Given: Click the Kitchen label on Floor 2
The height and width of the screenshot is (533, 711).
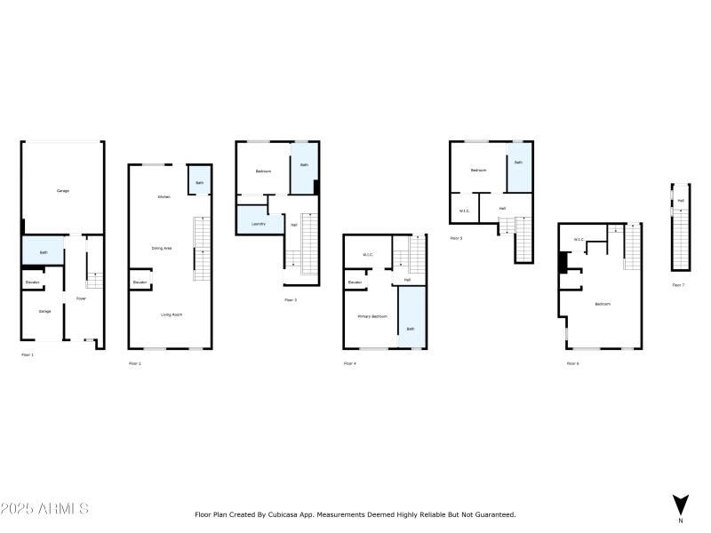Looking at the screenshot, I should (x=164, y=196).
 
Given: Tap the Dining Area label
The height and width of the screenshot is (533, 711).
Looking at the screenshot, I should (x=161, y=249).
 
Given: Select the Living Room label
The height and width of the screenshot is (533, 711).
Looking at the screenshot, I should (x=172, y=314).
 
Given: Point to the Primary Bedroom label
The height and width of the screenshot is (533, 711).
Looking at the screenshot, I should (x=371, y=316).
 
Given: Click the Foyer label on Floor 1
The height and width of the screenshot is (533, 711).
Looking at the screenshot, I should (x=81, y=298).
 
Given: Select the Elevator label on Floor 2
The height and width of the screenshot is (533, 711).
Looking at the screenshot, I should (x=140, y=282).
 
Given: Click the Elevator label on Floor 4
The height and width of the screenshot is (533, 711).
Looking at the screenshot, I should (x=355, y=282).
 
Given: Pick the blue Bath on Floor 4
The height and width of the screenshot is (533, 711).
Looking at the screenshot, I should (x=411, y=329).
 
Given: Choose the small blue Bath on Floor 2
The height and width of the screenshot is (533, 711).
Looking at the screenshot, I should (x=199, y=182).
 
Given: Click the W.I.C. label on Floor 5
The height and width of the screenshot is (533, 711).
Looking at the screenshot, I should (x=464, y=211).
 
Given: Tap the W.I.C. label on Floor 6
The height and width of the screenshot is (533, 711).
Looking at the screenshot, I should (x=579, y=239).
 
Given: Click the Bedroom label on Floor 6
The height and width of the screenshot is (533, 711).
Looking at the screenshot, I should (x=603, y=304).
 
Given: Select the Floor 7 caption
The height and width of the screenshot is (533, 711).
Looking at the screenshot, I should (x=677, y=285).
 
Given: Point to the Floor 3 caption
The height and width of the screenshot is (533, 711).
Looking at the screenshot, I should (x=290, y=300).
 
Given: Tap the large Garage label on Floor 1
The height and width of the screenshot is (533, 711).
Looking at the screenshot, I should (x=63, y=191).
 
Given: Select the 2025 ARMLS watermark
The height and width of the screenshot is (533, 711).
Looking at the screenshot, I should (x=44, y=509).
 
